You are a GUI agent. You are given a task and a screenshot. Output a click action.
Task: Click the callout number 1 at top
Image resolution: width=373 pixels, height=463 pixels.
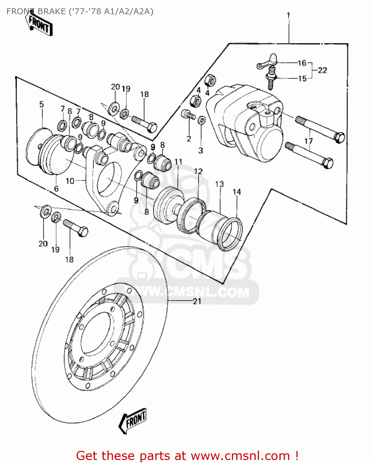click(x=288, y=15)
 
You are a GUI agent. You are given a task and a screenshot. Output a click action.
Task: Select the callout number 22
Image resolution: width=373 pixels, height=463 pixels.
click(x=322, y=70)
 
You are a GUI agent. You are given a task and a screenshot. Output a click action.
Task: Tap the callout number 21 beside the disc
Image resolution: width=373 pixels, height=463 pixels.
click(x=197, y=301)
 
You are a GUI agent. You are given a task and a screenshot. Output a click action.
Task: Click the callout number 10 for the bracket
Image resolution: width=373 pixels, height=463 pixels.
click(x=70, y=181)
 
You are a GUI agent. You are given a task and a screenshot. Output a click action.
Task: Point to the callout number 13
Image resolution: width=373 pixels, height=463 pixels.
click(x=219, y=184)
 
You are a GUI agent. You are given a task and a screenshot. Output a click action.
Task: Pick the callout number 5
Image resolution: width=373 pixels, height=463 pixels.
click(x=42, y=104)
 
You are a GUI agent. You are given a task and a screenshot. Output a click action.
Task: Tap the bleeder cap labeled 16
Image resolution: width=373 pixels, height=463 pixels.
click(x=273, y=58)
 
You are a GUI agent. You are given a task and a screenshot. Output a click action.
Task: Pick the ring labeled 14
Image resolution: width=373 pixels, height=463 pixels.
click(x=231, y=233)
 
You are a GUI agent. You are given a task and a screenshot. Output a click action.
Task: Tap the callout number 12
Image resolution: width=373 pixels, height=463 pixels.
click(x=198, y=171)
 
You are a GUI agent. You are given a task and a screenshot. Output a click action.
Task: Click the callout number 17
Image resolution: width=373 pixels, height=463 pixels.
click(x=308, y=141)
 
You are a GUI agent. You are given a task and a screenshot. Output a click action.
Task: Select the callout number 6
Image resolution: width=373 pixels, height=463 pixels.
click(x=56, y=189)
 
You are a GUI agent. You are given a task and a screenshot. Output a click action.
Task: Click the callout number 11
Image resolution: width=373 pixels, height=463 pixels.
click(x=178, y=162)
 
